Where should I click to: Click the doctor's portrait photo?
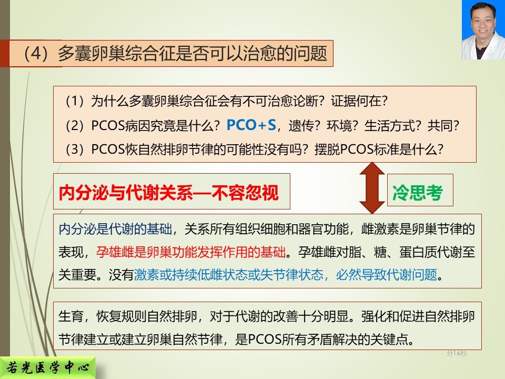point(483,30)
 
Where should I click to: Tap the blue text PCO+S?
point(251,125)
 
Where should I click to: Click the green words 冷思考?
point(417,193)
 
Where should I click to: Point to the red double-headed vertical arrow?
point(372,188)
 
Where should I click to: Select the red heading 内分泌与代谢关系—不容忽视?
point(168,193)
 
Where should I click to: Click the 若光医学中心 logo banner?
point(48,368)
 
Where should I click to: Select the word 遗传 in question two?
point(301,125)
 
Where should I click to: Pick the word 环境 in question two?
point(339,125)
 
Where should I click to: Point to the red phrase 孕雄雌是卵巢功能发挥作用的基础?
point(190,252)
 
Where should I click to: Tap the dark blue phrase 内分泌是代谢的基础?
point(115,229)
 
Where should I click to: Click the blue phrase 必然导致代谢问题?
point(387,275)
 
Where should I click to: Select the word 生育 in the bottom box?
point(71,316)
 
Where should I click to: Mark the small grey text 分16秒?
point(457,353)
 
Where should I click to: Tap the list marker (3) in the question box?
point(74,149)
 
